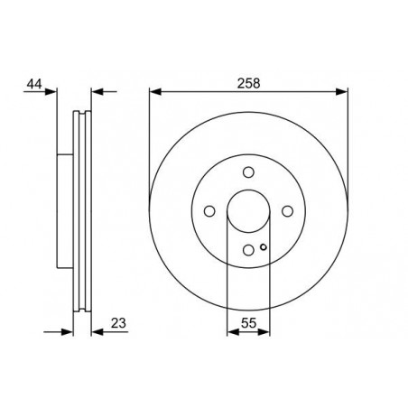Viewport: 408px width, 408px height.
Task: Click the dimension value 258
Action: point(248,82)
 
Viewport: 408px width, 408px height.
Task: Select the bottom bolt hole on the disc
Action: point(248,251)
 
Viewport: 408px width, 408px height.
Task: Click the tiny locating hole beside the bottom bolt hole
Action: point(263,247)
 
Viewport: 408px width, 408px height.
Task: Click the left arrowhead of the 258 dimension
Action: point(155,91)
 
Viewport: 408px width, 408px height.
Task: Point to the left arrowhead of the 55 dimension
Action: point(231,332)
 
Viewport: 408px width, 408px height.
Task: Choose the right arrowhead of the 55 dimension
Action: point(265,332)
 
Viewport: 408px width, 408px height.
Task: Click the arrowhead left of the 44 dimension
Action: point(51,91)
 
